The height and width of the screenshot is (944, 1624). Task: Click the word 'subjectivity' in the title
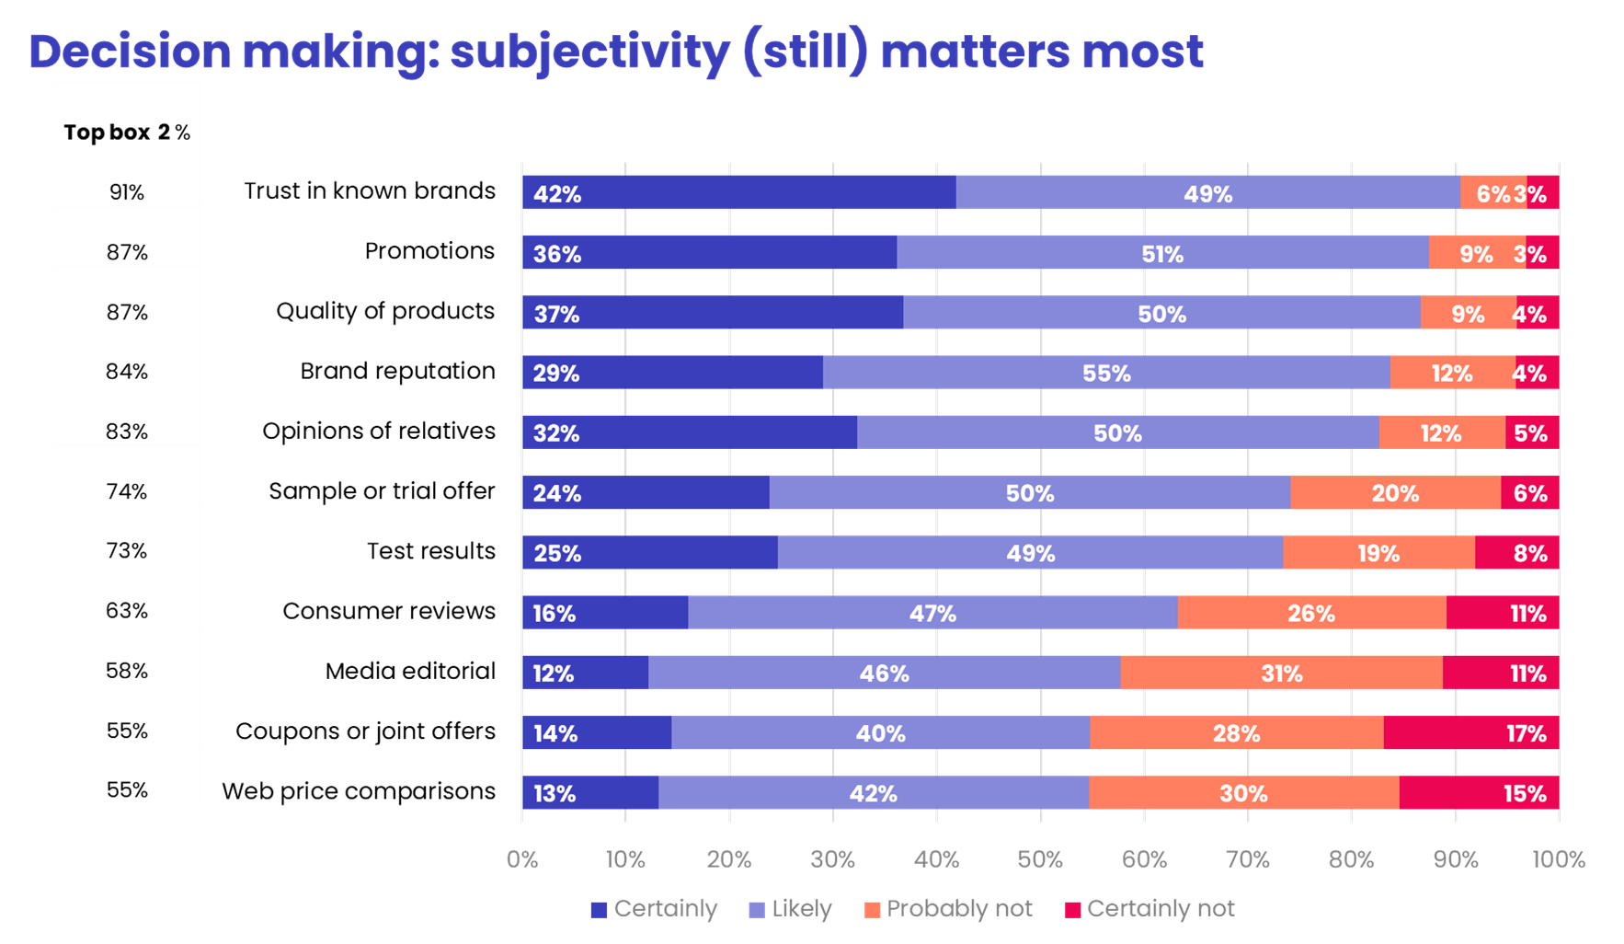(x=589, y=52)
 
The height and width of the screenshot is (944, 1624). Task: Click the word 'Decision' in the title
(x=130, y=52)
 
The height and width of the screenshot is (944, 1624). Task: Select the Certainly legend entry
(x=654, y=909)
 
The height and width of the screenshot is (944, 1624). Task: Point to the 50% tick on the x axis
(x=1040, y=859)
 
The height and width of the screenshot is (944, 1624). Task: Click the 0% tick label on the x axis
(x=521, y=859)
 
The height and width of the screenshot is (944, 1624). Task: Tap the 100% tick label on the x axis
(x=1558, y=859)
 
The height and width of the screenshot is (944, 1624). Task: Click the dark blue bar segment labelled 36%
(x=708, y=252)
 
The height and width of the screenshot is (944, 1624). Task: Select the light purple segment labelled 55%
(x=1105, y=373)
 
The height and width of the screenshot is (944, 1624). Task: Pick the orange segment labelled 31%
(x=1281, y=673)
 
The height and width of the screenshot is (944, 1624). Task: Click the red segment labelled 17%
(x=1470, y=732)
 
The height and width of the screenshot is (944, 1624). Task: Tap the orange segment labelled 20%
(x=1395, y=492)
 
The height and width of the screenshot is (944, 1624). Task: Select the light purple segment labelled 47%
(x=932, y=613)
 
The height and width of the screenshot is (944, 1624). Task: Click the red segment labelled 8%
(x=1516, y=552)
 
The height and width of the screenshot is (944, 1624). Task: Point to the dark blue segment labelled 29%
(x=671, y=373)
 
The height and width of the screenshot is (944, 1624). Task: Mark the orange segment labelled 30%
(x=1243, y=792)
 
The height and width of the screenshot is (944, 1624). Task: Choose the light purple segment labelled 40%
(x=880, y=732)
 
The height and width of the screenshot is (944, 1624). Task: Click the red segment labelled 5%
(x=1531, y=432)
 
